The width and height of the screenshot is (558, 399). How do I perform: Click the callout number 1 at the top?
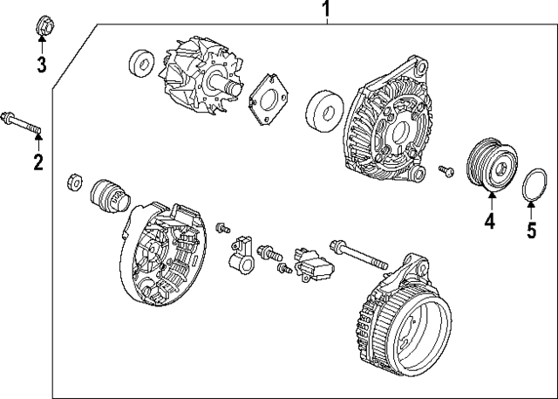point(327,10)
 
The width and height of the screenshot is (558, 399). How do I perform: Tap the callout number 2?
point(37,162)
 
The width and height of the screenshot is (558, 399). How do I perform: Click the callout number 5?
point(532,230)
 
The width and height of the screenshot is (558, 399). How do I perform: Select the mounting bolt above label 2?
point(22,123)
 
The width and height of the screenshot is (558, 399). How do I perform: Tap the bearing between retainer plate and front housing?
point(324,111)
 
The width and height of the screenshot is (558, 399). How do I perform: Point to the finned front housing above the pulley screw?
point(388,127)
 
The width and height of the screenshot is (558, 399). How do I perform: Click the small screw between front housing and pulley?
point(446,170)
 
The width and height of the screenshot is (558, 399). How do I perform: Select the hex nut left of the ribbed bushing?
point(75,183)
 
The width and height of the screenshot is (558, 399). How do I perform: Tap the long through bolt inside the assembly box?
point(357,254)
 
